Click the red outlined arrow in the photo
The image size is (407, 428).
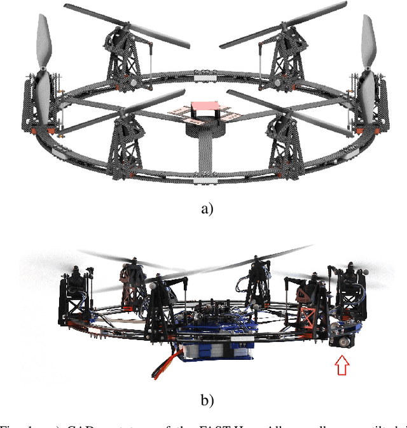(x=342, y=366)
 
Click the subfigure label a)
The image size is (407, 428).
(x=204, y=210)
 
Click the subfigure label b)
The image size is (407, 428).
(x=204, y=399)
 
